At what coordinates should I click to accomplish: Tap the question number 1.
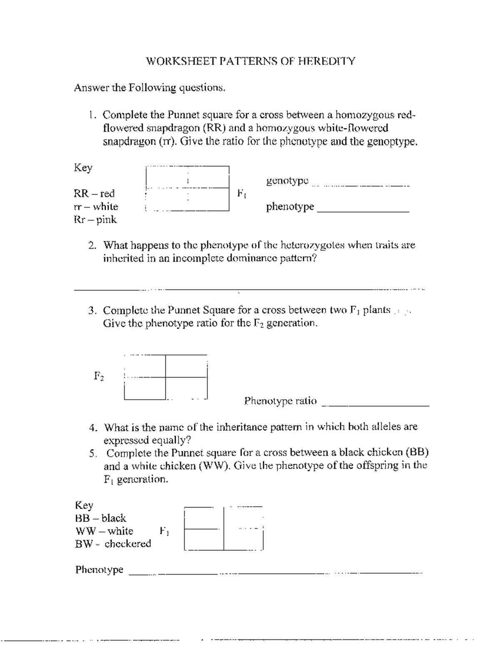pyautogui.click(x=92, y=115)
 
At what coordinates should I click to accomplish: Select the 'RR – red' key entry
pyautogui.click(x=94, y=193)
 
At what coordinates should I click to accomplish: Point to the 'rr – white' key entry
pyautogui.click(x=96, y=207)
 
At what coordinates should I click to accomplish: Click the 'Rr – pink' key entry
pyautogui.click(x=95, y=220)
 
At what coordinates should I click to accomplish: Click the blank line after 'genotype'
pyautogui.click(x=361, y=184)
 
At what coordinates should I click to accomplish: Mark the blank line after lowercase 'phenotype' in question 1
pyautogui.click(x=363, y=210)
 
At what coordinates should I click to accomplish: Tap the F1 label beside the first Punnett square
pyautogui.click(x=242, y=193)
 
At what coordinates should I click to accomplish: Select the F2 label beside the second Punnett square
pyautogui.click(x=99, y=376)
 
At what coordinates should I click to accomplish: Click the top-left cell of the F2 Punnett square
pyautogui.click(x=145, y=366)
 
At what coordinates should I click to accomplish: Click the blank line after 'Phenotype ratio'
pyautogui.click(x=376, y=404)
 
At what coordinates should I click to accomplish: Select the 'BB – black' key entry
pyautogui.click(x=100, y=518)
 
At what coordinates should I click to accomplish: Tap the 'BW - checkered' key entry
pyautogui.click(x=113, y=544)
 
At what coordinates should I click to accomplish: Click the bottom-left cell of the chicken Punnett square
pyautogui.click(x=204, y=540)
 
